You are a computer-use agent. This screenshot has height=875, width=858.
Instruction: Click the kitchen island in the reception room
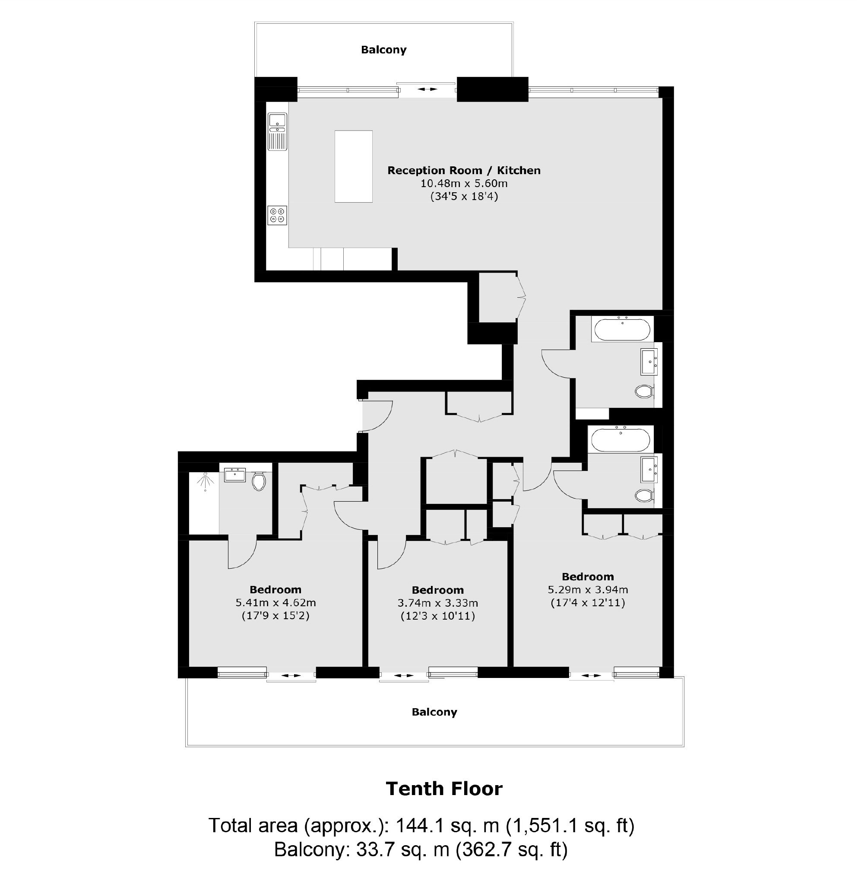(x=353, y=166)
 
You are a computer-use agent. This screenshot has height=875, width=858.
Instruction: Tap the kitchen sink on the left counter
(x=278, y=131)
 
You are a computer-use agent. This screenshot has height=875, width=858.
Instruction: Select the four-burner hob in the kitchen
(x=277, y=215)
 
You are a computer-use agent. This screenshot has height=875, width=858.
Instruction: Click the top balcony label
(x=383, y=50)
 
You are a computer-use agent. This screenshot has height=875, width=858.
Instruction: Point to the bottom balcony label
(x=434, y=712)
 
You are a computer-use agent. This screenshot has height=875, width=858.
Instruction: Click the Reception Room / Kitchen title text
(x=464, y=171)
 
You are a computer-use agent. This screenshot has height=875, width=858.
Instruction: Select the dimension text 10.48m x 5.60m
(x=464, y=184)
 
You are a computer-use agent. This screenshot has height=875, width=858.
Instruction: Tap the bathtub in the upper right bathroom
(x=622, y=329)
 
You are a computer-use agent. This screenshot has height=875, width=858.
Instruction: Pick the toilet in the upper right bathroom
(x=644, y=391)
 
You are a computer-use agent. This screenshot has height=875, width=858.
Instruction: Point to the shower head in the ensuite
(x=205, y=481)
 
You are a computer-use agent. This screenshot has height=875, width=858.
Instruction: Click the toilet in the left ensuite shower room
(x=259, y=481)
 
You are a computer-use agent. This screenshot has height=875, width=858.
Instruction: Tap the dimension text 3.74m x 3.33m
(x=437, y=603)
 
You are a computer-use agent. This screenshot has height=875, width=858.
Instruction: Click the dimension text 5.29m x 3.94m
(x=588, y=589)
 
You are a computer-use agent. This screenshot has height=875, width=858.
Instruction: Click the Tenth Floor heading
(x=444, y=789)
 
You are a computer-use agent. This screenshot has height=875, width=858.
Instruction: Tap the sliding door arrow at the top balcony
(x=427, y=89)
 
